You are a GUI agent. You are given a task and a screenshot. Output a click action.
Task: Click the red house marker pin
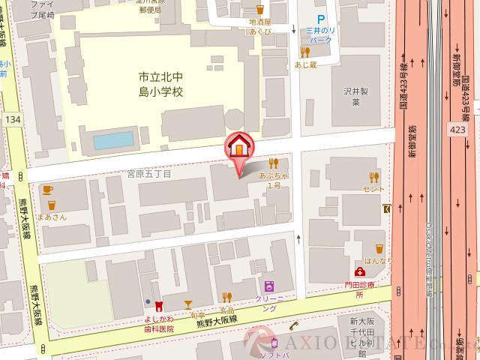point(238,146)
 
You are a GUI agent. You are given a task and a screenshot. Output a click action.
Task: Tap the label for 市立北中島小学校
point(161,84)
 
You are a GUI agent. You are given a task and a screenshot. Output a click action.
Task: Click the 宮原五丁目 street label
point(149,175)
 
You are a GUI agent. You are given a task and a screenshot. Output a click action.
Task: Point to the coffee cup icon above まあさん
point(49,190)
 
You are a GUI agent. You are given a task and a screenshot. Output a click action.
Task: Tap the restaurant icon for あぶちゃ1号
point(274,163)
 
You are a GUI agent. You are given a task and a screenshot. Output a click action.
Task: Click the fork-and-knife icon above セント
point(374,177)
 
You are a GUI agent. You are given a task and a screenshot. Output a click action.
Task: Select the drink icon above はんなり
point(379,248)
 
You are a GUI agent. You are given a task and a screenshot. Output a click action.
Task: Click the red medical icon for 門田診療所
point(361,271)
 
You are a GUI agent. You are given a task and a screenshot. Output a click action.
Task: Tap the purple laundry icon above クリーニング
point(268,286)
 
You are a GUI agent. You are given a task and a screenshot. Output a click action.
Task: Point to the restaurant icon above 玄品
point(227,298)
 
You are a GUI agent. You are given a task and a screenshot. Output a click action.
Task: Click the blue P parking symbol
point(321,19)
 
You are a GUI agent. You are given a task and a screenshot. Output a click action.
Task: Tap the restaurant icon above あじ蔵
point(305,52)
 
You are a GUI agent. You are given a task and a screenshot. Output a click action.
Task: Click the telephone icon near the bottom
point(295,325)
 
